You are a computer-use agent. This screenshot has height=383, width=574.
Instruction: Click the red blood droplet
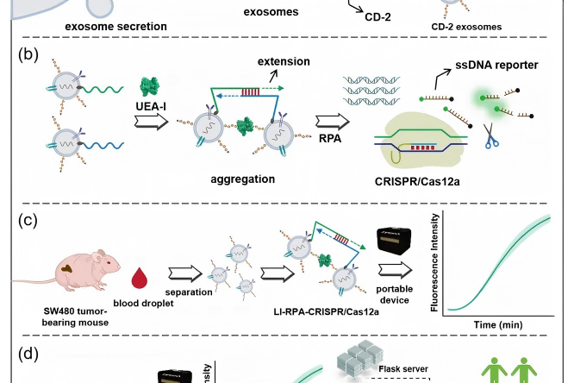tap(142, 278)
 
